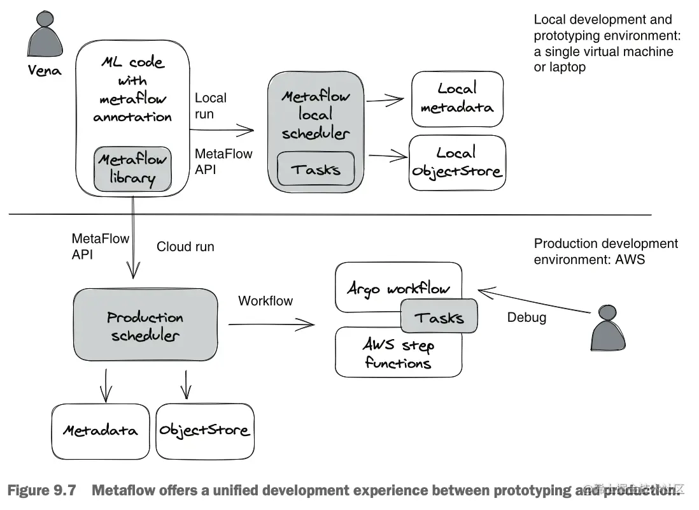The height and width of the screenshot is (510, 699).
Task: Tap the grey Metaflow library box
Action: pyautogui.click(x=132, y=169)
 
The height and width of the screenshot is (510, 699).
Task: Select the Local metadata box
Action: pyautogui.click(x=457, y=99)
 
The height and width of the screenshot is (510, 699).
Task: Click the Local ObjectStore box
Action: pyautogui.click(x=457, y=163)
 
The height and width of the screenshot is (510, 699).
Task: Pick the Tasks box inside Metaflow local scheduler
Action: pyautogui.click(x=316, y=170)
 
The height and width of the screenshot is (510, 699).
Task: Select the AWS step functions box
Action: pyautogui.click(x=399, y=354)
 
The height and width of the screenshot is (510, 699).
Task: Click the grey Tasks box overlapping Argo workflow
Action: pyautogui.click(x=439, y=317)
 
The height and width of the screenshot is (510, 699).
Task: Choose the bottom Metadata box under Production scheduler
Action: pyautogui.click(x=100, y=431)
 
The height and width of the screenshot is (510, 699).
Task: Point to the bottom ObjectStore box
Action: pyautogui.click(x=204, y=431)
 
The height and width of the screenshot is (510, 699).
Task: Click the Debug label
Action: pyautogui.click(x=526, y=317)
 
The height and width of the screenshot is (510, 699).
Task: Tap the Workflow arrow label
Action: pyautogui.click(x=265, y=301)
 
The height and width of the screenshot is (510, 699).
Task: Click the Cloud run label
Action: pyautogui.click(x=185, y=247)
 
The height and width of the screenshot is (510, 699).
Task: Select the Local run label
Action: pyautogui.click(x=210, y=106)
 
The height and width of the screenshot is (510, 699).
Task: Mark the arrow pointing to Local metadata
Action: pyautogui.click(x=386, y=99)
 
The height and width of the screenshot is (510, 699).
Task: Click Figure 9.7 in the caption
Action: pyautogui.click(x=43, y=491)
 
